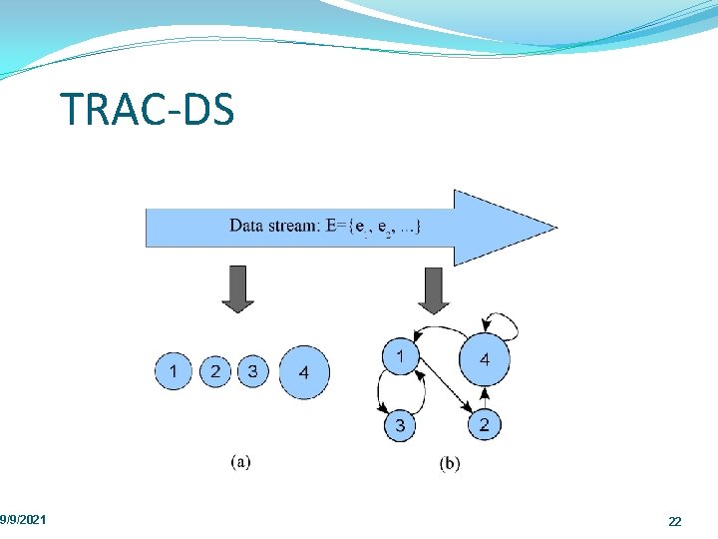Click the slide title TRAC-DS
(x=147, y=109)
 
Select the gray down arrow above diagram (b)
(x=433, y=289)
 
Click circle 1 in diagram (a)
(x=174, y=372)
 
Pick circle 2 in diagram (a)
(x=213, y=372)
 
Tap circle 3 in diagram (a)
(x=252, y=372)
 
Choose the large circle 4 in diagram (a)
(x=303, y=372)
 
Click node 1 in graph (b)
(x=400, y=356)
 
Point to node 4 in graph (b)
(x=484, y=359)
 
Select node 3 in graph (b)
(x=400, y=426)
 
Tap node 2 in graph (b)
(x=484, y=425)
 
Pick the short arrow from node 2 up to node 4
(x=484, y=397)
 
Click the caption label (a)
(x=240, y=461)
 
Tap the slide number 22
(x=675, y=522)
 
